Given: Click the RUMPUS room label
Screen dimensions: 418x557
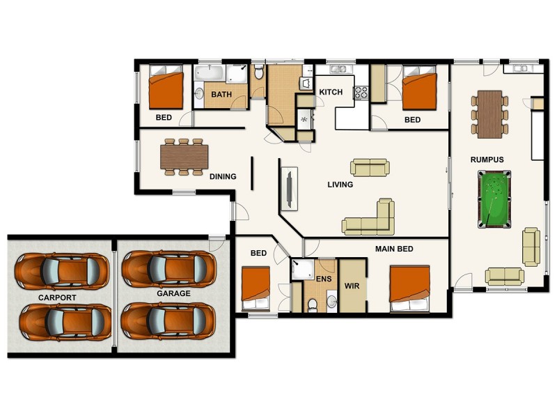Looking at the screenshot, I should point(487,160).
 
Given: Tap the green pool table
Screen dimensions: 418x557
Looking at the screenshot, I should point(494,199).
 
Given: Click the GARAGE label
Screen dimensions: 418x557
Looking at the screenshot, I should point(173,293).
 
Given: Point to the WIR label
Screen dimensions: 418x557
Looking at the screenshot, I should point(351,286).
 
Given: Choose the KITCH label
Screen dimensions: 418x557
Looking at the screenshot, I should point(331,92).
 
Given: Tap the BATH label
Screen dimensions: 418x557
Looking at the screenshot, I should point(221,95).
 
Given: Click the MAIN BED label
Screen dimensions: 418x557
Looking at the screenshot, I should point(395,249).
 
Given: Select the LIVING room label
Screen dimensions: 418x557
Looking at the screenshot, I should point(340,185).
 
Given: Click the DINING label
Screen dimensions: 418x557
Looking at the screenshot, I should point(223,176).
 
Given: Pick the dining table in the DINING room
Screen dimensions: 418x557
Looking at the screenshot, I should point(184,157).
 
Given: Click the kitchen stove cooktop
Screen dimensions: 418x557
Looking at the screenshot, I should point(361,92).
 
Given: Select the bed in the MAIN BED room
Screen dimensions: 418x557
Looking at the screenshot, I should point(409,288).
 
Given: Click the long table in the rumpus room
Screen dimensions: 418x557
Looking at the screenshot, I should point(490,111).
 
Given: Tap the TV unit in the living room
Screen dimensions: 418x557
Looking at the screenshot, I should point(289,187).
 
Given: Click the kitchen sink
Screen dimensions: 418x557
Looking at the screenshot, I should point(340,69).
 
